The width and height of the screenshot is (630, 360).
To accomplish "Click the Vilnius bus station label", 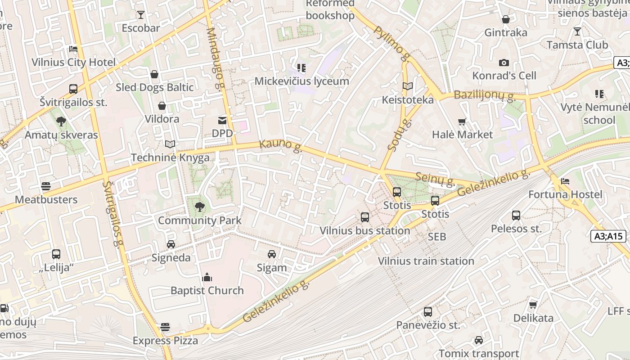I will click(x=364, y=231).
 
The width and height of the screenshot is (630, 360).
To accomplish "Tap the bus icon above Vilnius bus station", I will click(x=364, y=217).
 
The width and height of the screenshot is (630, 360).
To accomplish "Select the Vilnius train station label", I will click(x=426, y=261).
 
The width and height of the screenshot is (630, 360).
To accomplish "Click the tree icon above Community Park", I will click(x=199, y=207).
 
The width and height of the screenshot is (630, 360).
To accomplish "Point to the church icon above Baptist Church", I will click(x=207, y=277).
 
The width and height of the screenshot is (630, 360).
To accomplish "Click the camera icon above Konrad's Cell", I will click(x=504, y=63).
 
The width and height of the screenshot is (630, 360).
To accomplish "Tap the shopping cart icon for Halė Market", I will click(x=462, y=121).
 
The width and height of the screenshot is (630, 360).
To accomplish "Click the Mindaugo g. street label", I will click(x=215, y=58).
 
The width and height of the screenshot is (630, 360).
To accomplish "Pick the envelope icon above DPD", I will click(x=222, y=120).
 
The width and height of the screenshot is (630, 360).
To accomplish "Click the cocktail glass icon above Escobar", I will click(x=141, y=15).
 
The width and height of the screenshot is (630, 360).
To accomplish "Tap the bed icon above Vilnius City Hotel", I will click(x=73, y=49).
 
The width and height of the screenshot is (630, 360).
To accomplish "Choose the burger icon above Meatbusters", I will click(x=46, y=186).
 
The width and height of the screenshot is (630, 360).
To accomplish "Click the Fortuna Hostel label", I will click(x=565, y=194).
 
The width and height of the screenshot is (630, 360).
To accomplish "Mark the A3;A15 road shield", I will click(x=608, y=236).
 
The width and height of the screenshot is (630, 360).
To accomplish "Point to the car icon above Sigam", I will click(x=272, y=254).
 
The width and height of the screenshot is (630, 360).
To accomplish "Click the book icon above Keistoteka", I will click(x=408, y=86).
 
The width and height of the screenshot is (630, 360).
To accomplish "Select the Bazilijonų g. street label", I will click(x=484, y=95).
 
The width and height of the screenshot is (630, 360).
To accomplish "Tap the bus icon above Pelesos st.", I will click(x=516, y=216).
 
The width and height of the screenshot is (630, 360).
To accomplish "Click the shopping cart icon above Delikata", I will click(x=533, y=305).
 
